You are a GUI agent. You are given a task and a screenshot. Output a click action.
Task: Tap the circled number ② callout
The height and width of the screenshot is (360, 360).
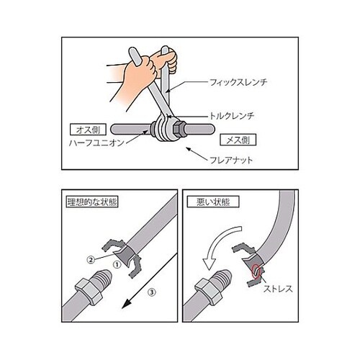[90, 258]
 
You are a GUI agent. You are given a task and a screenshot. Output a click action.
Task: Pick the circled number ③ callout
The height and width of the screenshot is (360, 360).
[150, 292]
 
